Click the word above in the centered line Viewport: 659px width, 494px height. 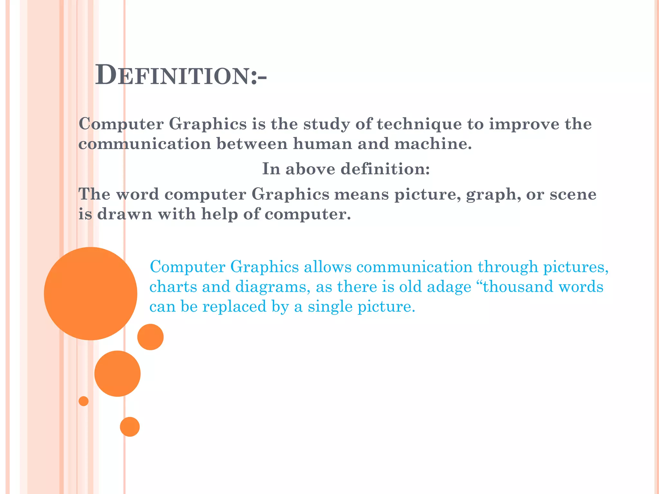[x=310, y=169]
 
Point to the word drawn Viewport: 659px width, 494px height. [x=125, y=214]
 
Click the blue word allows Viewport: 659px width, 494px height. [x=328, y=267]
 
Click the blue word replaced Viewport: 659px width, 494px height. [x=234, y=306]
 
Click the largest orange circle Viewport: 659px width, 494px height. [x=90, y=293]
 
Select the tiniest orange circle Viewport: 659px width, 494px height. [x=84, y=401]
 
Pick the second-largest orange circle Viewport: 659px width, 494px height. [x=117, y=373]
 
